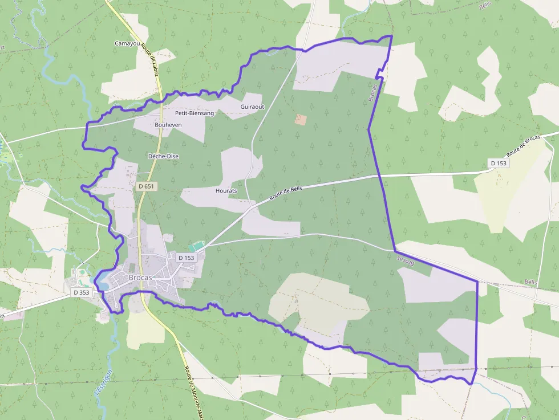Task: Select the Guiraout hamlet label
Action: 252,107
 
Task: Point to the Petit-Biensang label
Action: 195,113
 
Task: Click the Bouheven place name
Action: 168,124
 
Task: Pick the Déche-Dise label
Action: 163,156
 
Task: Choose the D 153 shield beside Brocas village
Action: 187,258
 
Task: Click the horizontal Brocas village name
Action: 140,278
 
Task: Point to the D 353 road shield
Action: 82,292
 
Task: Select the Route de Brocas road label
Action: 523,148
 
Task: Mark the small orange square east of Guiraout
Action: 300,120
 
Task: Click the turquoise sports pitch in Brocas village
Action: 197,246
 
